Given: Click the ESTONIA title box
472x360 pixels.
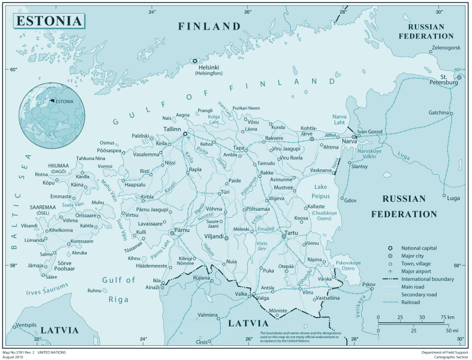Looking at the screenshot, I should pos(50,21).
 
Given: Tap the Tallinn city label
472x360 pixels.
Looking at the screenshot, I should pos(172,128).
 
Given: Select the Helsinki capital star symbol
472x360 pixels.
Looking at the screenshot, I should pos(195,61).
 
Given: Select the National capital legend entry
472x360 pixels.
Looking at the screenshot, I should pos(418,248).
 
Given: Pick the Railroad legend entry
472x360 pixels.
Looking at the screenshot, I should pos(411,302).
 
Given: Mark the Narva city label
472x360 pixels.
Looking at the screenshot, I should pos(350,142).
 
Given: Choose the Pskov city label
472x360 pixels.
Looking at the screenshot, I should pos(369,284).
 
